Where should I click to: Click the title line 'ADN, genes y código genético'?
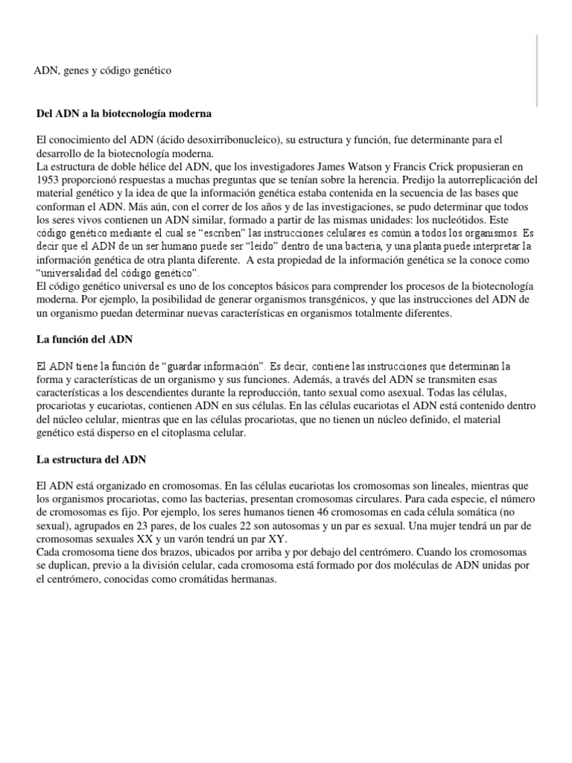click(103, 71)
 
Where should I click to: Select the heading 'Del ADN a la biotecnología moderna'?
click(124, 113)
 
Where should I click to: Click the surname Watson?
click(392, 168)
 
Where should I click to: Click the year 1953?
click(49, 180)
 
